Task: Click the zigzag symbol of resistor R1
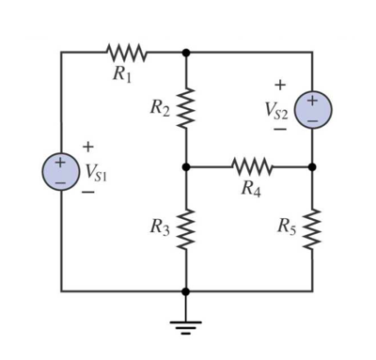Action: [x=123, y=52]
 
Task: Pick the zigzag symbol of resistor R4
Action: [x=250, y=167]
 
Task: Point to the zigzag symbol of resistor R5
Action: [x=312, y=227]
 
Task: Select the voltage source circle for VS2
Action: [x=312, y=109]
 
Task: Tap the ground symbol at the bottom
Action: [x=186, y=325]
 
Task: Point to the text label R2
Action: [x=159, y=109]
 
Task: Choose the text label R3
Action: [x=159, y=227]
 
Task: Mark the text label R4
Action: [x=249, y=190]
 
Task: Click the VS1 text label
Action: [x=95, y=172]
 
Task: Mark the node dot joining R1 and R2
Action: [x=186, y=52]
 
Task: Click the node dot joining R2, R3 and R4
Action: [x=186, y=167]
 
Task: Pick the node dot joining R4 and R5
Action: [x=312, y=167]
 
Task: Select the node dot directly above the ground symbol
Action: [x=186, y=290]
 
